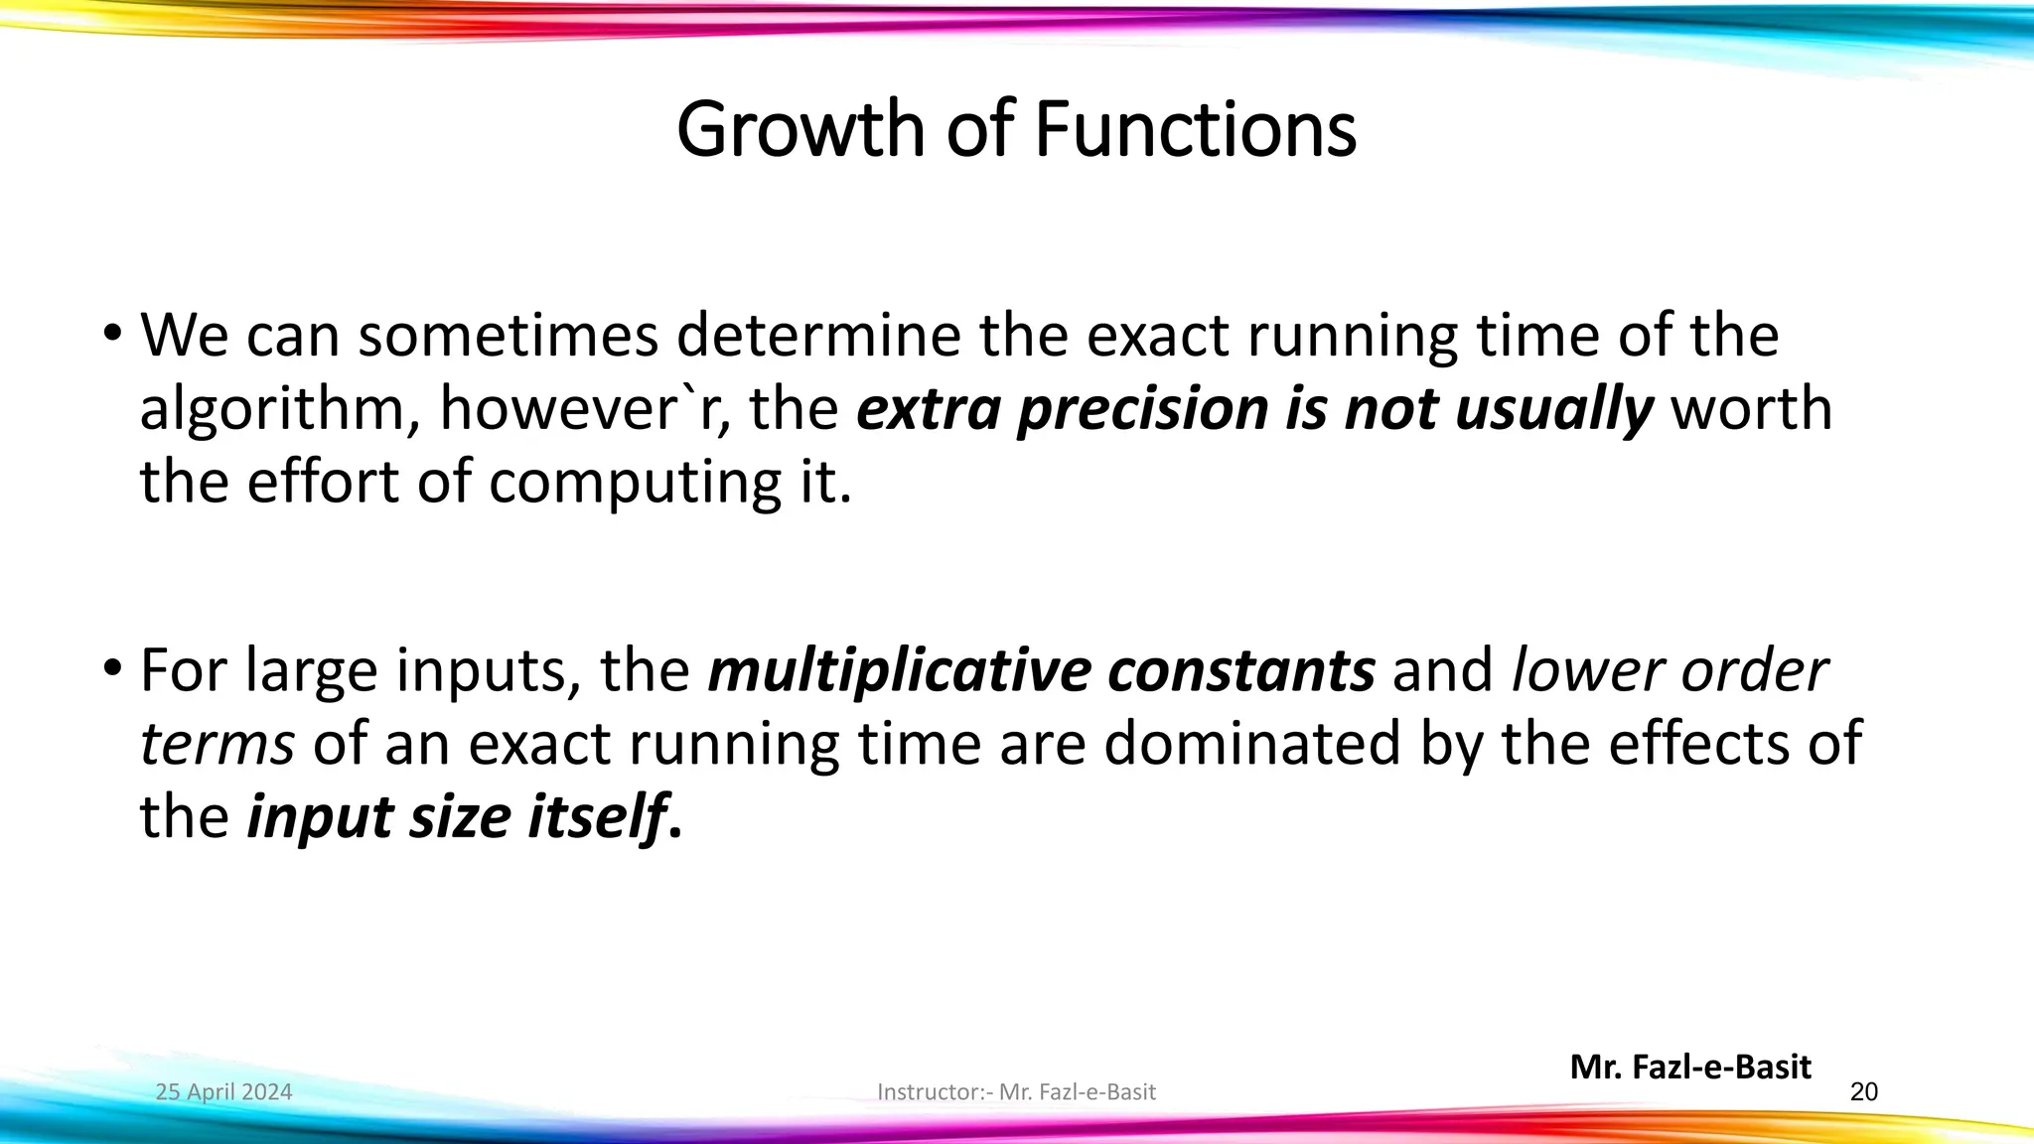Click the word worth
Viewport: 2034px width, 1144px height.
click(x=1752, y=409)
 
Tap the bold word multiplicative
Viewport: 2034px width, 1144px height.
click(x=898, y=672)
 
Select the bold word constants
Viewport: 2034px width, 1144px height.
click(x=1240, y=672)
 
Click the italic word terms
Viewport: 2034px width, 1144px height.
click(x=217, y=745)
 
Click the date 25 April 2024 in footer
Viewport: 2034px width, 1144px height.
click(x=223, y=1092)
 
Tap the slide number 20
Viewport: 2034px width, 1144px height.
click(x=1864, y=1092)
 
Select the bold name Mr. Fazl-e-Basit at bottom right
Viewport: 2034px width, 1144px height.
click(x=1690, y=1068)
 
